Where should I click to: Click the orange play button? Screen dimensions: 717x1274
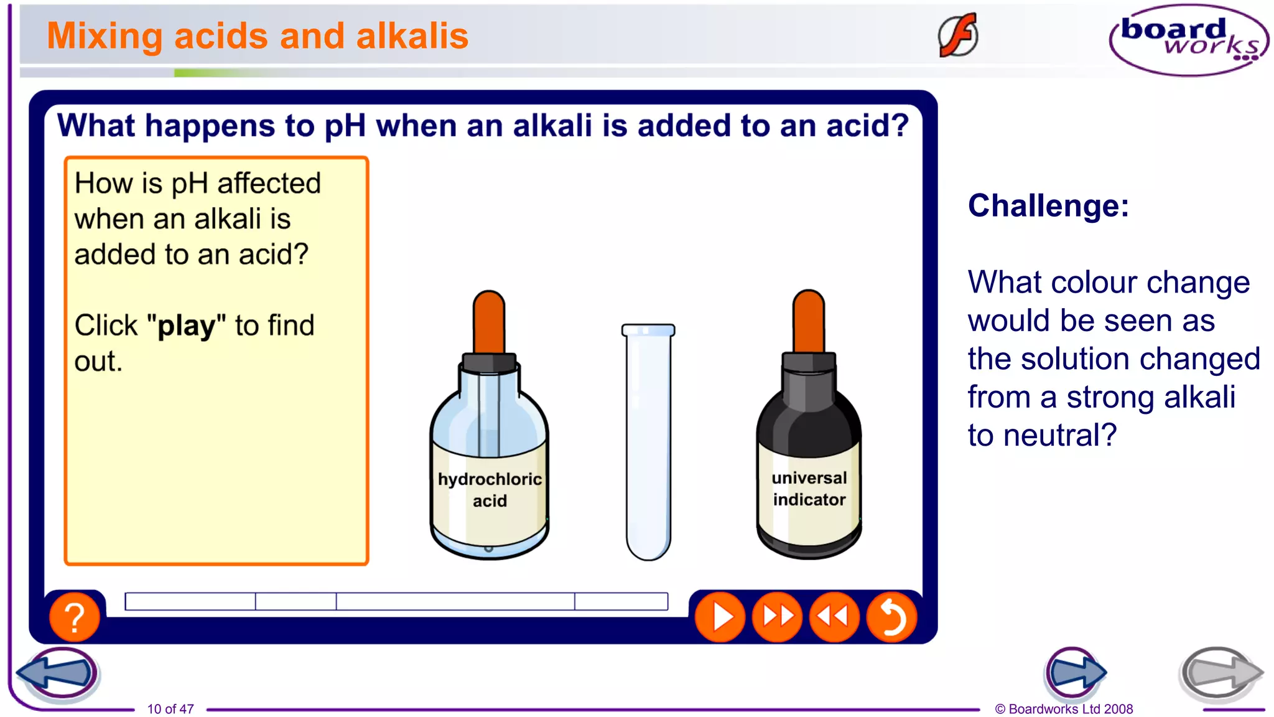click(x=720, y=617)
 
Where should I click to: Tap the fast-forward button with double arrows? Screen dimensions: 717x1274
click(x=777, y=617)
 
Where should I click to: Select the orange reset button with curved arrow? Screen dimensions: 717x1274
click(x=891, y=617)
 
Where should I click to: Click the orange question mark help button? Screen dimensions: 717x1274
click(x=74, y=617)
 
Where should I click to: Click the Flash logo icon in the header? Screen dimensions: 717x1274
click(x=958, y=35)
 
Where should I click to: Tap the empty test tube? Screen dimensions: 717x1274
click(x=648, y=442)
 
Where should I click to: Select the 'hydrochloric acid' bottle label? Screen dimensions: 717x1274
click(x=490, y=490)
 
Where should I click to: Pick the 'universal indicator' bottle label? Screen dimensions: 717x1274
click(x=809, y=489)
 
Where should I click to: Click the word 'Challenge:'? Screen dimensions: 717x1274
click(x=1048, y=206)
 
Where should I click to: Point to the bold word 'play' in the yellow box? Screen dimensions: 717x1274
click(x=186, y=326)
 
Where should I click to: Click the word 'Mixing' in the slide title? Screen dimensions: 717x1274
click(x=105, y=36)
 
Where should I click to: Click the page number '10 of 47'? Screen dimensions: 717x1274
click(x=170, y=709)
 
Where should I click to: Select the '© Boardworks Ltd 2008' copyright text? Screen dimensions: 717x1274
click(x=1064, y=709)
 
